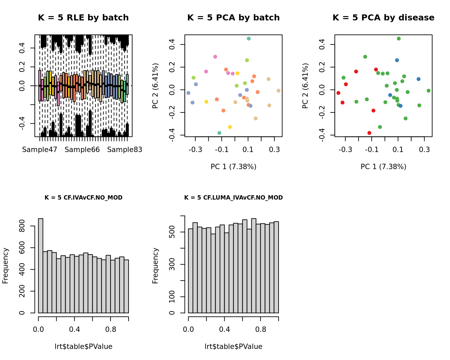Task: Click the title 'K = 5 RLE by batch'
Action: [x=83, y=18]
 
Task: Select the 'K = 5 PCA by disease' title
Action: [x=383, y=18]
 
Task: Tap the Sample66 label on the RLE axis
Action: [x=82, y=150]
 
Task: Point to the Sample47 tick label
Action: [x=40, y=150]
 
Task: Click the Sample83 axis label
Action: [x=125, y=150]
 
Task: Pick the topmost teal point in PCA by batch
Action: [x=249, y=39]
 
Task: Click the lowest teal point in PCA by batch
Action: [x=219, y=133]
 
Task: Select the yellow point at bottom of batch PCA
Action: [x=230, y=127]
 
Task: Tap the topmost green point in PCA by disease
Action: [x=399, y=39]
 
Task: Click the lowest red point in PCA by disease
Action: [x=369, y=133]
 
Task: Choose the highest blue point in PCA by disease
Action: [x=397, y=60]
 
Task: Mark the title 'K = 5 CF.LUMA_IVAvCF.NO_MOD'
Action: [x=233, y=198]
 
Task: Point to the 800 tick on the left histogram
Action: [x=22, y=226]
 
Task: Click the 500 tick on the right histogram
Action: [x=172, y=232]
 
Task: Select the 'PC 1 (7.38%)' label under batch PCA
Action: [x=233, y=167]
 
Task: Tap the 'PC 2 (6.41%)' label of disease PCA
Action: [x=305, y=86]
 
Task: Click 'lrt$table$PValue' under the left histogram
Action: [x=83, y=347]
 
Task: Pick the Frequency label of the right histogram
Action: [x=155, y=266]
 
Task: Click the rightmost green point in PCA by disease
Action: [x=429, y=91]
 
